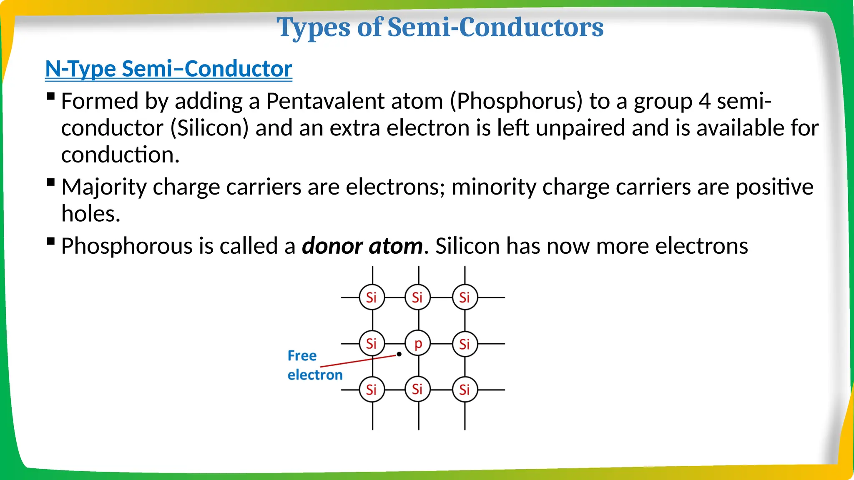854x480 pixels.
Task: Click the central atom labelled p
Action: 418,344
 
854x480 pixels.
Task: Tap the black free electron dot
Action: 399,354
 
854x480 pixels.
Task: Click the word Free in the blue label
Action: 302,356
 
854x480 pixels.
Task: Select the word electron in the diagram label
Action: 315,375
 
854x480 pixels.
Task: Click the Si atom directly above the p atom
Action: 418,297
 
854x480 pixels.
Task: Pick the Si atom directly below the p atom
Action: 418,390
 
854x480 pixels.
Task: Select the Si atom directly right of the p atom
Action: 465,344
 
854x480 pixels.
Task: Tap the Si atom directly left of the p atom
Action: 372,344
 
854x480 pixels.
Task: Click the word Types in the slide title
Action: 314,27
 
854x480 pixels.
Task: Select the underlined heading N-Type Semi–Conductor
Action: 168,69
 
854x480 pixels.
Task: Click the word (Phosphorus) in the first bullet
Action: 516,101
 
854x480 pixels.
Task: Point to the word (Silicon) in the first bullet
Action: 209,128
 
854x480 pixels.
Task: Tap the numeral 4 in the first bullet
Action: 704,101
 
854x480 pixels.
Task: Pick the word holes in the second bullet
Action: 90,214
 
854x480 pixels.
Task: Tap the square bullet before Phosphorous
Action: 51,241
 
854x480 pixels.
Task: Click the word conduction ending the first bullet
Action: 120,155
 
